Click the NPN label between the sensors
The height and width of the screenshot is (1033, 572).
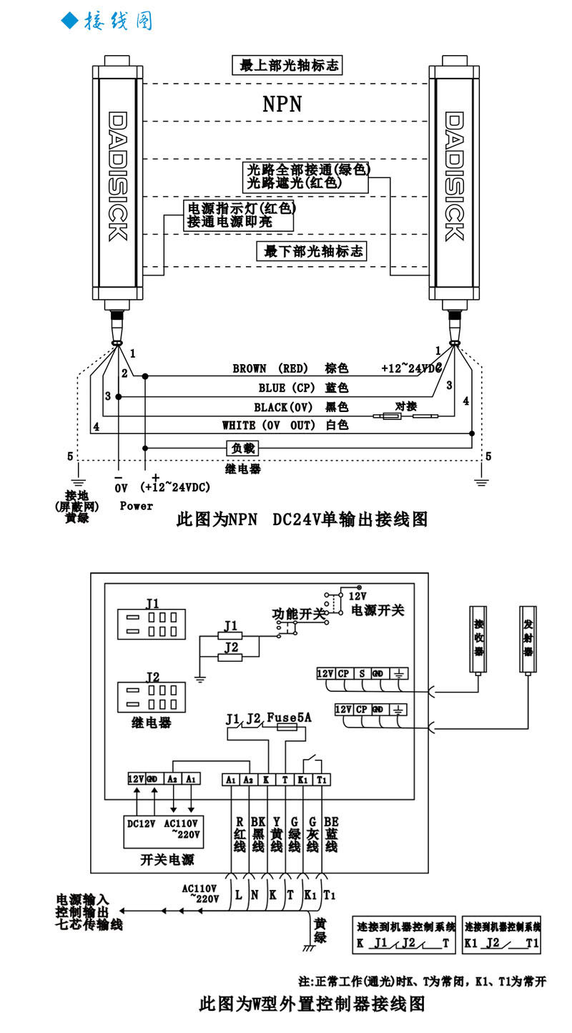[282, 104]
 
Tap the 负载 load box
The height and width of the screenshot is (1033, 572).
[242, 448]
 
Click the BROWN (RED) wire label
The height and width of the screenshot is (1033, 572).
[270, 368]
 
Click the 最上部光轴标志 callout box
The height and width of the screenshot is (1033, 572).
[287, 66]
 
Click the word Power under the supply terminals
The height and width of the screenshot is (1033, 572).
[136, 506]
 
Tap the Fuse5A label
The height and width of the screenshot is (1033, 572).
[289, 717]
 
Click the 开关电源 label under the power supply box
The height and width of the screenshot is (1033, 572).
[167, 859]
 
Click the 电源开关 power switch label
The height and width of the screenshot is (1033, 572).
[378, 610]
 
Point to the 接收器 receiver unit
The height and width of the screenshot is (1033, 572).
[478, 640]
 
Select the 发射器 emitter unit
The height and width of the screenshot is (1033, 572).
[528, 640]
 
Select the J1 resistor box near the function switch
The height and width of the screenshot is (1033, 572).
[230, 635]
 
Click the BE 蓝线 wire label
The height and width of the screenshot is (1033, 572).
[331, 834]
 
